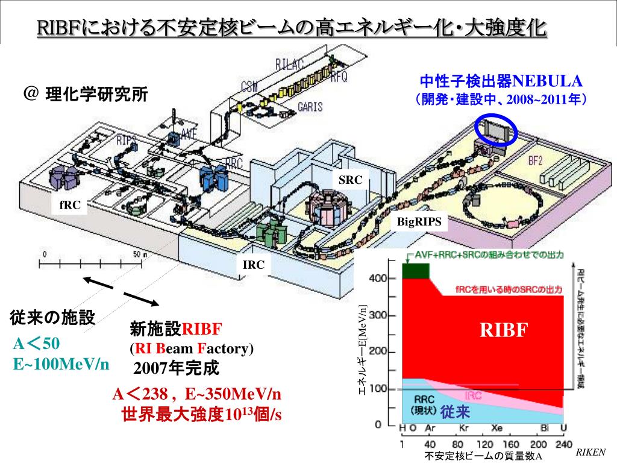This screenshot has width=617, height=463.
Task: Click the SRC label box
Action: [351, 180]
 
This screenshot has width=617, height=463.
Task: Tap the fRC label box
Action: [70, 204]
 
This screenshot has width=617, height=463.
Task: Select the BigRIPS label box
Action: [419, 222]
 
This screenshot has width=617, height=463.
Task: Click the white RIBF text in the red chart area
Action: [504, 330]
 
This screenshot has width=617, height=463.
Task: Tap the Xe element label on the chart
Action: [497, 428]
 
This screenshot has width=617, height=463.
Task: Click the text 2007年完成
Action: [177, 368]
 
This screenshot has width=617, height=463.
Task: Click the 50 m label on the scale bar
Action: [140, 254]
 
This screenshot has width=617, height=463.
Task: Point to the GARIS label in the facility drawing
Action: [310, 107]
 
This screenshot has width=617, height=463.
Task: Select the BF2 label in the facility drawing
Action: [535, 161]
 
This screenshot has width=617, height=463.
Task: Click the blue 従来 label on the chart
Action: [455, 412]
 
